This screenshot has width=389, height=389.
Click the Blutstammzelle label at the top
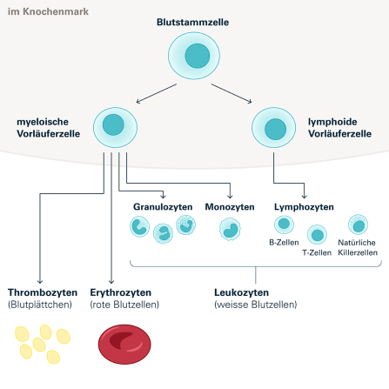[x=192, y=22]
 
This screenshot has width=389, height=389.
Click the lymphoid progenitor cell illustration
[x=274, y=127]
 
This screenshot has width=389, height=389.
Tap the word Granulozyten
[x=161, y=207]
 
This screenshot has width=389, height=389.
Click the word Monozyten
[x=230, y=207]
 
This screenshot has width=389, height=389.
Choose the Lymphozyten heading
[x=304, y=207]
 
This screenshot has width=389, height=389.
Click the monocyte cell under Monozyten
[x=230, y=229]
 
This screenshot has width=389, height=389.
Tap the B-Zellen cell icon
[x=284, y=225]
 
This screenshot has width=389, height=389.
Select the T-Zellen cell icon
[x=318, y=234]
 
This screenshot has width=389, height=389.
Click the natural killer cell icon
[x=357, y=225]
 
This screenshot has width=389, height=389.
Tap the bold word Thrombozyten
[x=42, y=292]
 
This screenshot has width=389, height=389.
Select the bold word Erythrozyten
[x=121, y=292]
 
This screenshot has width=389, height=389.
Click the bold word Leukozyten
[x=241, y=292]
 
